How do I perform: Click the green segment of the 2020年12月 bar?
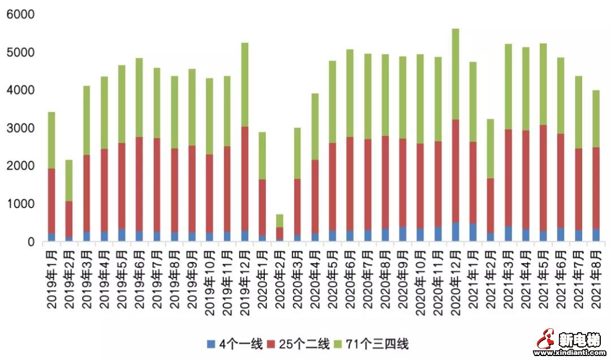point(455,74)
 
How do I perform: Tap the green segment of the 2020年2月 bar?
point(279,221)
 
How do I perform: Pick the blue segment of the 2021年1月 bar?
point(473,233)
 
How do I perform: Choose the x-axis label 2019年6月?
point(139,278)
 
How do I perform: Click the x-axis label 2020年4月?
point(315,278)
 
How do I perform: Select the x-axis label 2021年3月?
point(507,278)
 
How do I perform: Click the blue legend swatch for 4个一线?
point(211,343)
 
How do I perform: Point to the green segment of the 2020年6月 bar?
point(350,93)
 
